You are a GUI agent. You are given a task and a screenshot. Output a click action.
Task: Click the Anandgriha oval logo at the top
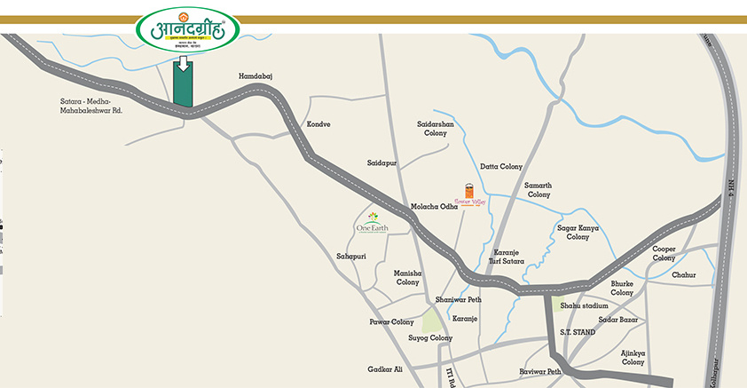click(x=187, y=31)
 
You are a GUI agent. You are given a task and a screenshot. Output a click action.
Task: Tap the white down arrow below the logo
click(x=183, y=63)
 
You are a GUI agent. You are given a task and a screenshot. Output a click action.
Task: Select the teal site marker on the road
click(x=183, y=88)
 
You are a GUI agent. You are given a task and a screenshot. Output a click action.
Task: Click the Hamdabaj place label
click(x=256, y=77)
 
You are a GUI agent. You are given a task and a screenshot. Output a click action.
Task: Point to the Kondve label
click(x=318, y=124)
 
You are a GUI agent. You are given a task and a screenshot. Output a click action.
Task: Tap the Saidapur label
click(x=382, y=163)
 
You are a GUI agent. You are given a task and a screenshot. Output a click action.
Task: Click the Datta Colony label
click(x=501, y=166)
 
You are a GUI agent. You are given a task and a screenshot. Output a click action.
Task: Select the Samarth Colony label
click(x=539, y=189)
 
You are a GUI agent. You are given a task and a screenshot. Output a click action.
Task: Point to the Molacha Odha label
click(x=434, y=207)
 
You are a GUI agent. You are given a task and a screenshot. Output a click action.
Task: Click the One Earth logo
click(x=373, y=222)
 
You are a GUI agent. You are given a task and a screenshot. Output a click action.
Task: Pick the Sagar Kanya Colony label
click(x=578, y=232)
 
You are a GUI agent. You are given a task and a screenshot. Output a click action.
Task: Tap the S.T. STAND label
click(x=577, y=331)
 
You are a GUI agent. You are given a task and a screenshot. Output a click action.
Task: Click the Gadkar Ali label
click(x=385, y=368)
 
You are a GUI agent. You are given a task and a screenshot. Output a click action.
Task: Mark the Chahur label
click(x=684, y=275)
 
